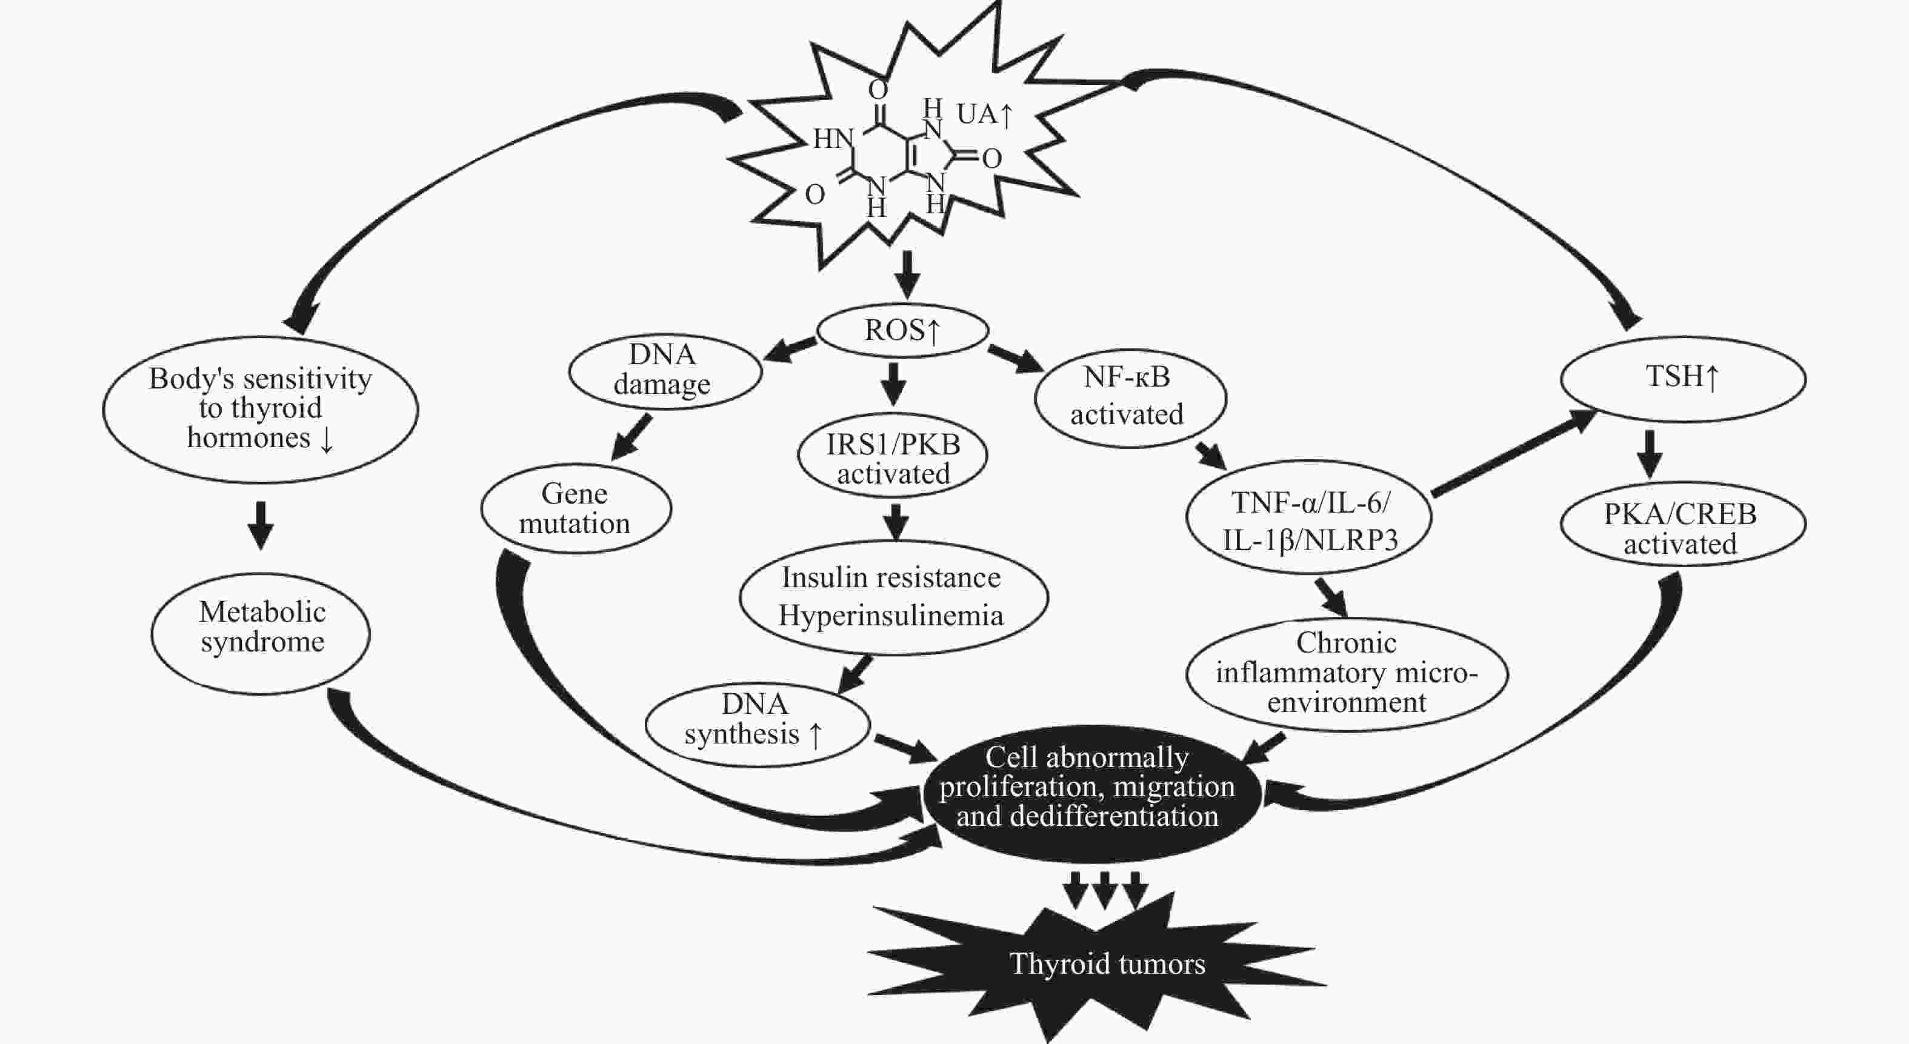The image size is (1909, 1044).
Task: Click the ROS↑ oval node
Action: [x=902, y=330]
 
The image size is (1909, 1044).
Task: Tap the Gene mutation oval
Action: [x=576, y=509]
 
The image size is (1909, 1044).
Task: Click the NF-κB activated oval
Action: [x=1130, y=398]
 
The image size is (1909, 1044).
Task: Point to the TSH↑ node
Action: [x=1683, y=379]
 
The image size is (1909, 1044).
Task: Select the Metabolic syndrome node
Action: [x=261, y=634]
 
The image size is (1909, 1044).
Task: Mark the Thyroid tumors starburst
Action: [x=1097, y=963]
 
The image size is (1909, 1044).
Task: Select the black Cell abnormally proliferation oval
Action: [x=1090, y=793]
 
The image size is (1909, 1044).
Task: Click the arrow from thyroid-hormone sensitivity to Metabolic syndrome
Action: [x=260, y=525]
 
